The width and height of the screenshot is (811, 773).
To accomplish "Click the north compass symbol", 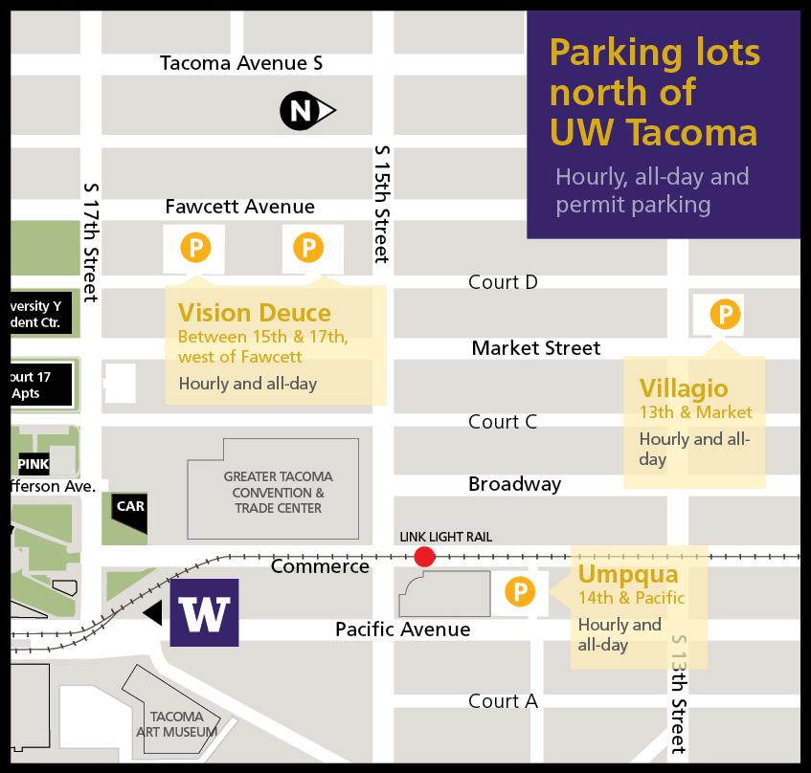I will coord(304,112).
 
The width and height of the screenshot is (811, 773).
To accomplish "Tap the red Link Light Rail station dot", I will coord(424,557).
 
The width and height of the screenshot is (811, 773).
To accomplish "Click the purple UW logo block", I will coord(204,612).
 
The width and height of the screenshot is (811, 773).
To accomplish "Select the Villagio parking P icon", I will coord(725,314).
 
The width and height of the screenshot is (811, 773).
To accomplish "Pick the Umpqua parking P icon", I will coord(519,593).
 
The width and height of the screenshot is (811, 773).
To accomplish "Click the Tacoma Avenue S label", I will coord(241,64).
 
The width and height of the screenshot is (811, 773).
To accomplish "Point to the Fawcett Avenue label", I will coord(239,207).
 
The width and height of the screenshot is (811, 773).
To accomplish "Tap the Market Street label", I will coord(536,348).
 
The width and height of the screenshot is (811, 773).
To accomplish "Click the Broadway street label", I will coord(514,484).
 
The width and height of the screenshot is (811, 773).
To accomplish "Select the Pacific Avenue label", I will coord(402,629).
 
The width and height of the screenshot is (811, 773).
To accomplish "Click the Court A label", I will coord(503,701).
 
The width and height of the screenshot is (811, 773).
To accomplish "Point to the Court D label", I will coord(503,282).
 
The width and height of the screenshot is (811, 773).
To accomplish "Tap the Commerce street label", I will coord(320,566).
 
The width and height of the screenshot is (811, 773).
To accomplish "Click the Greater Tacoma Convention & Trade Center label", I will coord(273,492).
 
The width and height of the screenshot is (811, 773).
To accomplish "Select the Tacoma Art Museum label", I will coord(177,724).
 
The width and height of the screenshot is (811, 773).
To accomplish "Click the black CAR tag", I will coord(130,505).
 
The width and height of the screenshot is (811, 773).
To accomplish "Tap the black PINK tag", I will coord(34,465).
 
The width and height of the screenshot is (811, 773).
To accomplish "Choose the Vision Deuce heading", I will coord(254,313).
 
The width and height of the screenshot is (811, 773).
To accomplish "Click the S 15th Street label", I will coord(382,204).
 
